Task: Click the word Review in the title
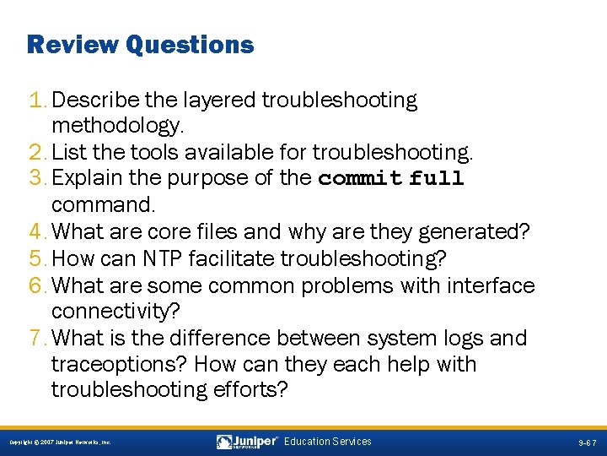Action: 73,44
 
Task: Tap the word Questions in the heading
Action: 190,44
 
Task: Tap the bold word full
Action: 437,179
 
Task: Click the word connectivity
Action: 114,312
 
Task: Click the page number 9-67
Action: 587,442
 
